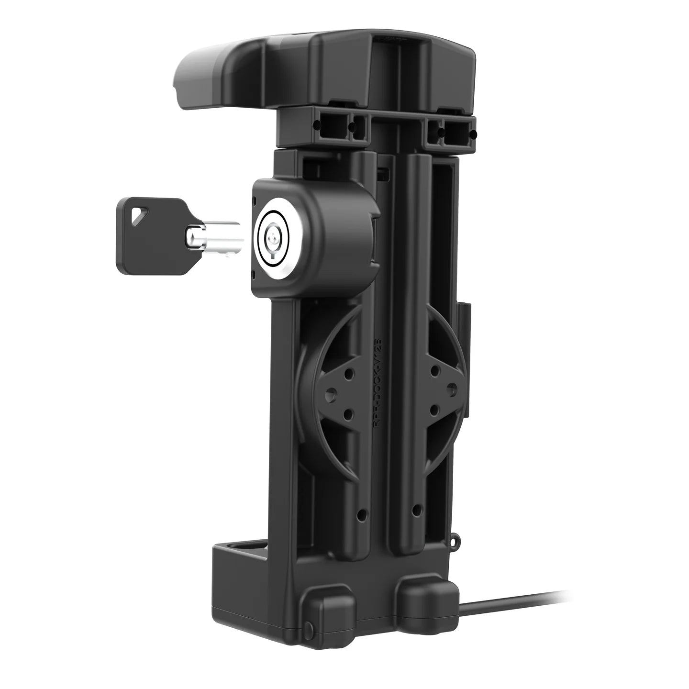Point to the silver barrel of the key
pyautogui.click(x=211, y=235)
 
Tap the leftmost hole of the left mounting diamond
pyautogui.click(x=330, y=392)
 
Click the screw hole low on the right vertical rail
pyautogui.click(x=417, y=508)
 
